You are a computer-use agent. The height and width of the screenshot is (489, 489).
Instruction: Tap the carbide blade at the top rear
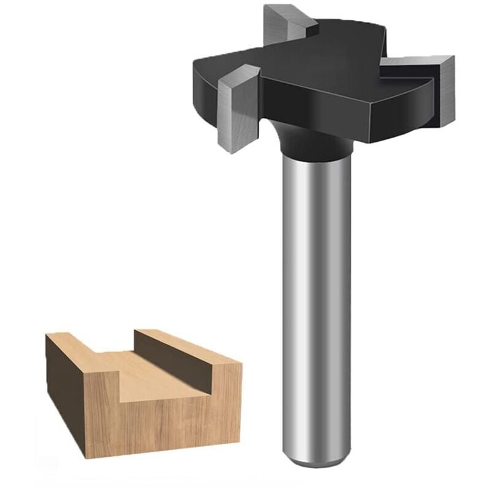(x=287, y=24)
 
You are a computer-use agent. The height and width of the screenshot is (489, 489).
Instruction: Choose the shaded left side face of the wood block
(x=64, y=391)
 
